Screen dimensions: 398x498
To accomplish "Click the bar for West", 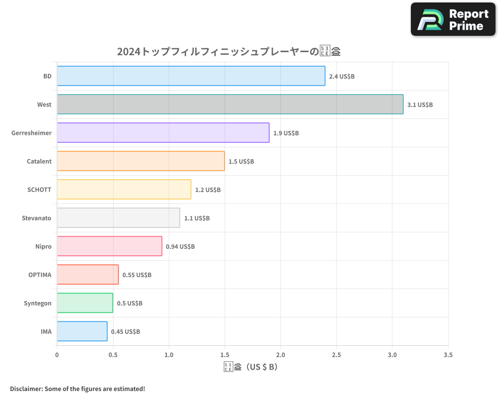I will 230,104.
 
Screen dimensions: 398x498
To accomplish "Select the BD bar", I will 191,76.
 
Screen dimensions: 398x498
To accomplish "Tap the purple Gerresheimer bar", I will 163,133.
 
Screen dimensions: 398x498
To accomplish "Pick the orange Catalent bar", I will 140,161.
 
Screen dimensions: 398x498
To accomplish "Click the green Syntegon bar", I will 85,303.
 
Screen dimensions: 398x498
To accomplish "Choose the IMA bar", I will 82,331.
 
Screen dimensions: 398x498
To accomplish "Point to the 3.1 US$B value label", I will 420,104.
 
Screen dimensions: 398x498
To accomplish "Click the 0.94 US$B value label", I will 180,246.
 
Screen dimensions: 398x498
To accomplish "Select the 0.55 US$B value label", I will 137,275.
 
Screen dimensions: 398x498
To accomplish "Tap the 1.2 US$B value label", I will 208,190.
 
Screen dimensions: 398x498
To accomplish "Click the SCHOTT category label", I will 39,190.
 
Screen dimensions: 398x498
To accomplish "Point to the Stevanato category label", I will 36,218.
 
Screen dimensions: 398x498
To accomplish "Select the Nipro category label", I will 43,246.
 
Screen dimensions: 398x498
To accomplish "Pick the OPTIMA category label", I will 40,275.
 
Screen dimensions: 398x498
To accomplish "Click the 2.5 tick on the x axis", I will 336,355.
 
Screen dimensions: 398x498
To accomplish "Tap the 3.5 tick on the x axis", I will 448,355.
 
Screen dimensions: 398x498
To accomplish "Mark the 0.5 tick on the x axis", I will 113,355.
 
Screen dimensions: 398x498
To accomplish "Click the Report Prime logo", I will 453,19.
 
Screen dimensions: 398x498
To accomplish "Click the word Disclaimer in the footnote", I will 26,389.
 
